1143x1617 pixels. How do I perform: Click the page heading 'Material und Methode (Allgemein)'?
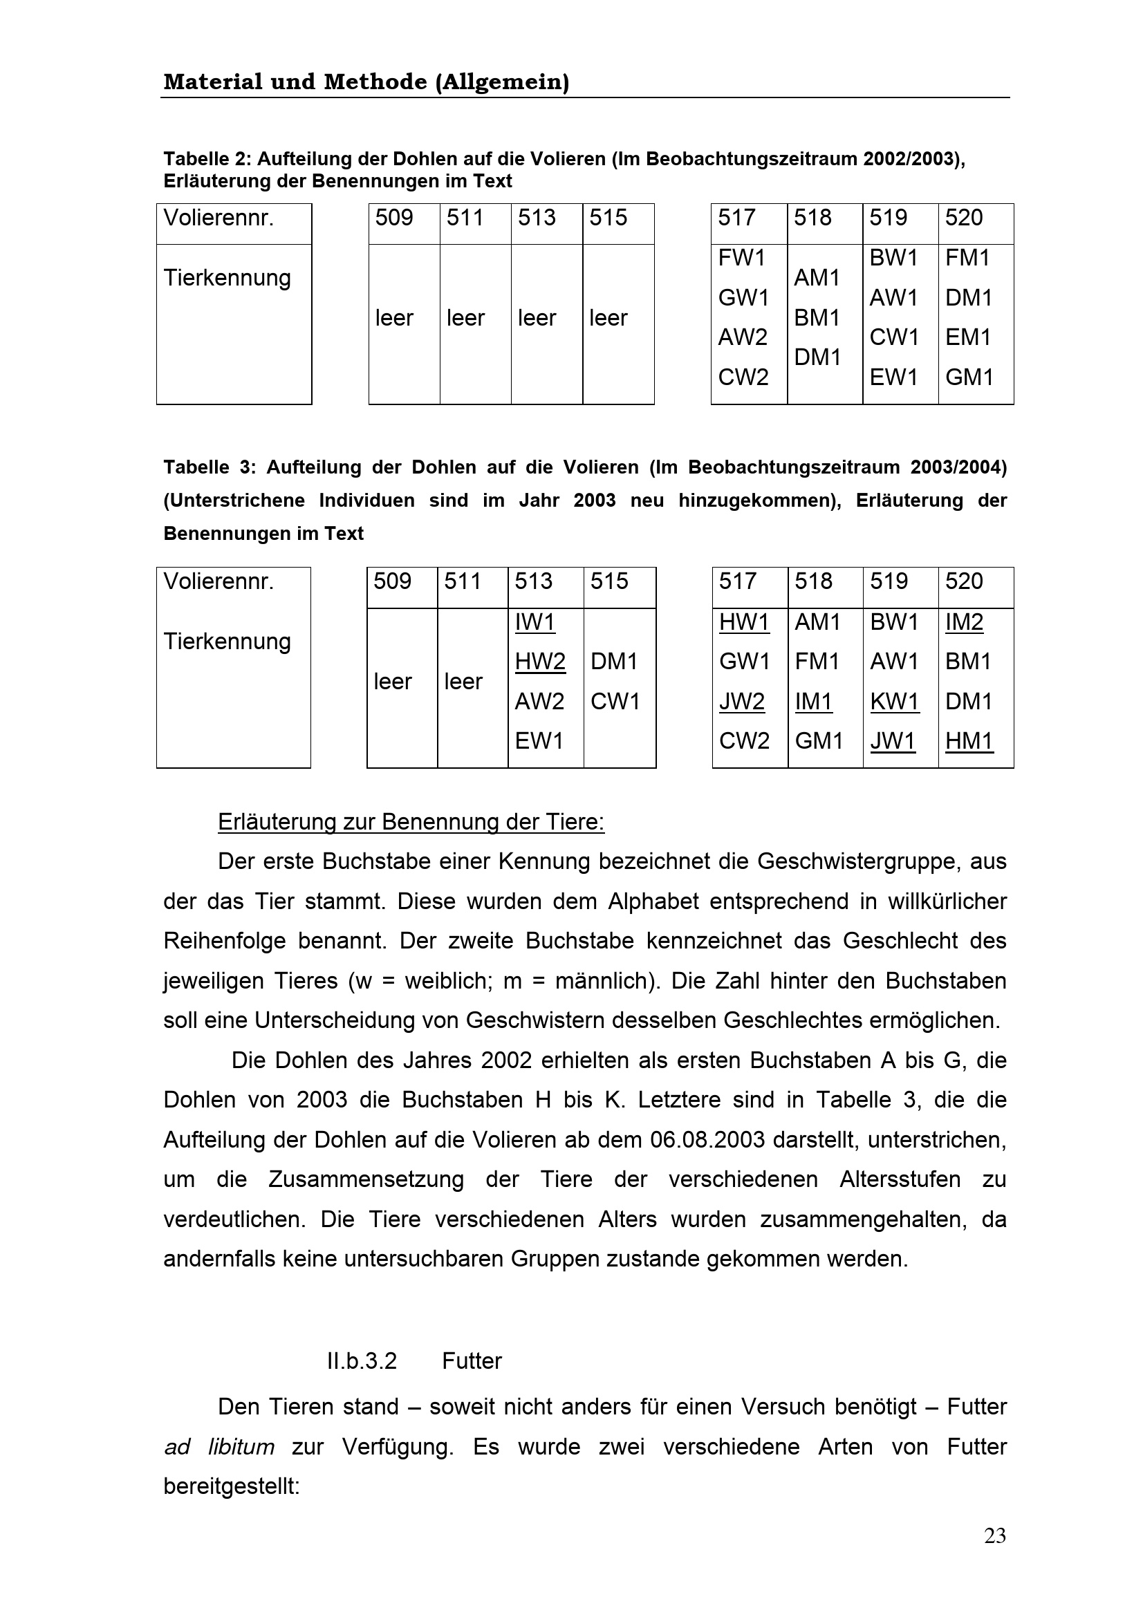point(366,82)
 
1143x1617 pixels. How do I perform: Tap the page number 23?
point(994,1536)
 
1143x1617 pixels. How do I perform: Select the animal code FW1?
point(741,259)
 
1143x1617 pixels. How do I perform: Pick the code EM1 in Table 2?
point(967,337)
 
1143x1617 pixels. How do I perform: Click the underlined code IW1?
point(535,622)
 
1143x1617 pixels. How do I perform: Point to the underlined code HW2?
point(540,662)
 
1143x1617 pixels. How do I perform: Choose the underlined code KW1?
point(894,702)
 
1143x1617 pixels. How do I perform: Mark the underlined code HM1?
point(968,741)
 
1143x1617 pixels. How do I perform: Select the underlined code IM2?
point(963,622)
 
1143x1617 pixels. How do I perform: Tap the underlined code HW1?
point(744,622)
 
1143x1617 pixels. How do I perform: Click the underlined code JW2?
point(741,702)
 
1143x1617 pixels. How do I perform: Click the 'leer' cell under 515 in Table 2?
point(608,318)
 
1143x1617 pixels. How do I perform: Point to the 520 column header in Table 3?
point(963,581)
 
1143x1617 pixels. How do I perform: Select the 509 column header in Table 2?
point(393,218)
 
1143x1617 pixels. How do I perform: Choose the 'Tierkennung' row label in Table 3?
point(227,642)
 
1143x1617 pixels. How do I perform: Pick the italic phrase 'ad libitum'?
point(219,1447)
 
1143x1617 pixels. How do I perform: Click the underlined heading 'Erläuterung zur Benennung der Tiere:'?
point(411,822)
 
